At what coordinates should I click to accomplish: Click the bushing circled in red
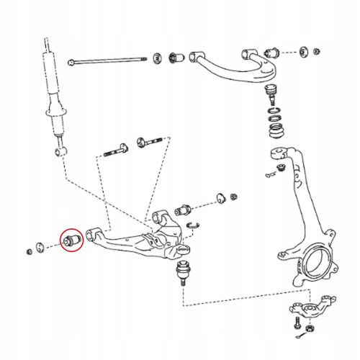click(x=72, y=239)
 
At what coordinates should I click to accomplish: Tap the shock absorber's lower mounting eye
click(x=58, y=152)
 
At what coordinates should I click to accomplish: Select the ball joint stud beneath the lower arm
click(x=181, y=274)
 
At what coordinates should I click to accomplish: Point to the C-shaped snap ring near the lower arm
click(x=192, y=229)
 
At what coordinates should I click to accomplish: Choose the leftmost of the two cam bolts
click(x=119, y=151)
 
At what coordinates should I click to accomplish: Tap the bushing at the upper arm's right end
click(x=272, y=53)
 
